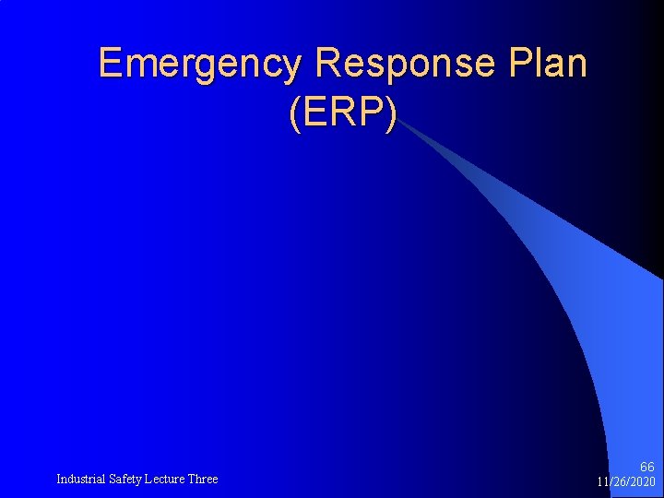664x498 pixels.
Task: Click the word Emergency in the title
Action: coord(199,64)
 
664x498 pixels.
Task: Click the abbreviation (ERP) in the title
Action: coord(343,112)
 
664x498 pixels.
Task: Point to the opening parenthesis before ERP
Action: coord(294,113)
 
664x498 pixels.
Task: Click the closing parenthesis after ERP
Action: coord(392,113)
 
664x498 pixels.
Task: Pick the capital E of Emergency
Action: coord(110,64)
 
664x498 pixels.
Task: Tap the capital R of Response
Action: coord(327,64)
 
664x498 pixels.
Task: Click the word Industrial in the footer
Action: coord(81,479)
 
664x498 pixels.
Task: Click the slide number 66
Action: coord(646,468)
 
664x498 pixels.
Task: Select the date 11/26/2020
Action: coord(626,482)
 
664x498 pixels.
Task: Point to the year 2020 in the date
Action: coord(643,482)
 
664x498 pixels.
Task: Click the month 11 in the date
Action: coord(602,482)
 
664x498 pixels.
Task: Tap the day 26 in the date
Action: coord(619,482)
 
